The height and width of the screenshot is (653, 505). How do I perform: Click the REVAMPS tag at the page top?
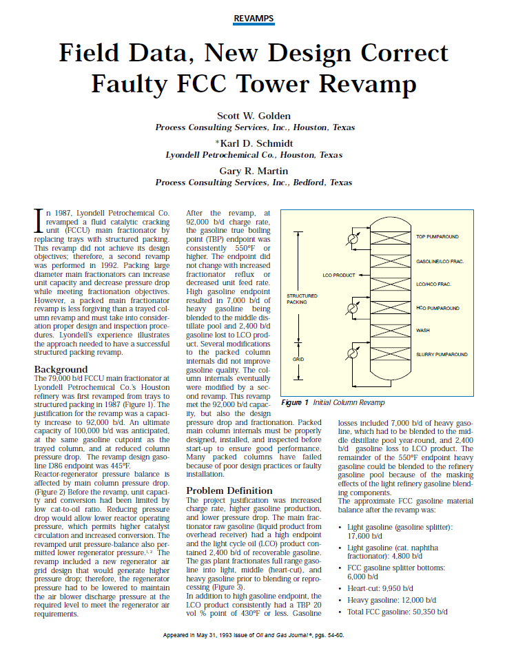point(253,19)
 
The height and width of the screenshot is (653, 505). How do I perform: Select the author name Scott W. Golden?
point(253,115)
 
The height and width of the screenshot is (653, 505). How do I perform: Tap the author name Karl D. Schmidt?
point(254,143)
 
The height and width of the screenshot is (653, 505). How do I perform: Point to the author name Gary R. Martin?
point(254,170)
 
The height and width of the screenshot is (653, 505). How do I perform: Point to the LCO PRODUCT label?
point(339,275)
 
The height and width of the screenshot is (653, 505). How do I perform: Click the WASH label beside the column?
point(423,331)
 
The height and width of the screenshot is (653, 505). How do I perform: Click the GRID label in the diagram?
point(298,359)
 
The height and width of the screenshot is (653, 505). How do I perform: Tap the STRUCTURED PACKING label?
point(298,299)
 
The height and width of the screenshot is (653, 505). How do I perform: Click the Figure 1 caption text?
point(333,402)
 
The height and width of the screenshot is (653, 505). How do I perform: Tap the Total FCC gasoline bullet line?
point(398,612)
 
